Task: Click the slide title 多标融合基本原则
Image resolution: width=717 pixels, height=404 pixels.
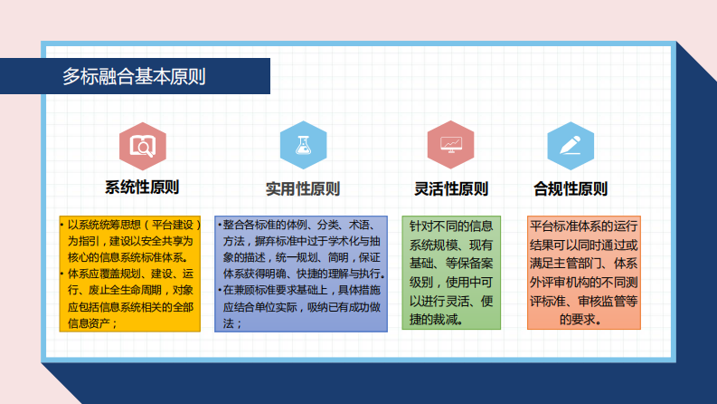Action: click(134, 77)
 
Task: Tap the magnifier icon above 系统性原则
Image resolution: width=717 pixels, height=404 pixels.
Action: click(143, 145)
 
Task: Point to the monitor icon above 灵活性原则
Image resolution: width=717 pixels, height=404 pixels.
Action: click(451, 145)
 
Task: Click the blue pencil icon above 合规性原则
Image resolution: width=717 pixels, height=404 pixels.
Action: click(571, 145)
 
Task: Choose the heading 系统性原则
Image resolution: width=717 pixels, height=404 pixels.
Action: click(143, 188)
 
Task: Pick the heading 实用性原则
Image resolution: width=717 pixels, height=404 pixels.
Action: click(303, 189)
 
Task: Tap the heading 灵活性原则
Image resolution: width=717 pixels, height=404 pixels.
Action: click(451, 189)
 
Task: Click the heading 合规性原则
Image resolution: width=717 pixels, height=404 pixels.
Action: click(571, 189)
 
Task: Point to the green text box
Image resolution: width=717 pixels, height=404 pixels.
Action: click(451, 272)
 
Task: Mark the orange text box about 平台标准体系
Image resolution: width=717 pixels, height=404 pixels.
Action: click(583, 272)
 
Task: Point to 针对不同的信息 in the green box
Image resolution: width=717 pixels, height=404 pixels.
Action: click(451, 225)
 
